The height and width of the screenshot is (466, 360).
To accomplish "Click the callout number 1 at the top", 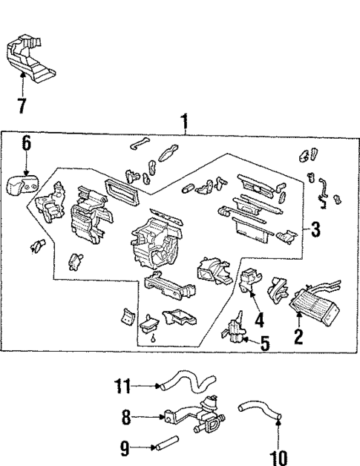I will click(x=184, y=118).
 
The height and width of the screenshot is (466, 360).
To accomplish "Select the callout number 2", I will click(x=299, y=336).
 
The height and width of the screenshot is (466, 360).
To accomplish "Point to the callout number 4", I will click(x=258, y=321).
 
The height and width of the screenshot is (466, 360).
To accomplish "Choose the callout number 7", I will click(x=22, y=105).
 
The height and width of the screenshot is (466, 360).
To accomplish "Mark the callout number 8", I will click(x=127, y=419).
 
